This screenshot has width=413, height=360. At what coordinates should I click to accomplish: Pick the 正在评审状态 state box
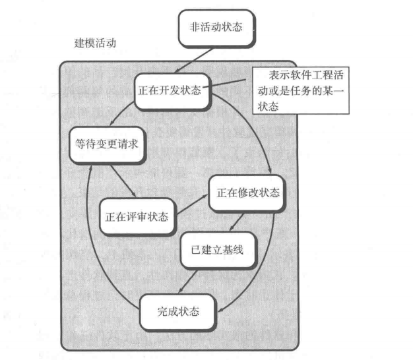coord(137,215)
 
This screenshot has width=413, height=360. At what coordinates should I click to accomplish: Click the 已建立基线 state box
coord(217,250)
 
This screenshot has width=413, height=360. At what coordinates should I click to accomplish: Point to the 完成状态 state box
coord(178,310)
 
